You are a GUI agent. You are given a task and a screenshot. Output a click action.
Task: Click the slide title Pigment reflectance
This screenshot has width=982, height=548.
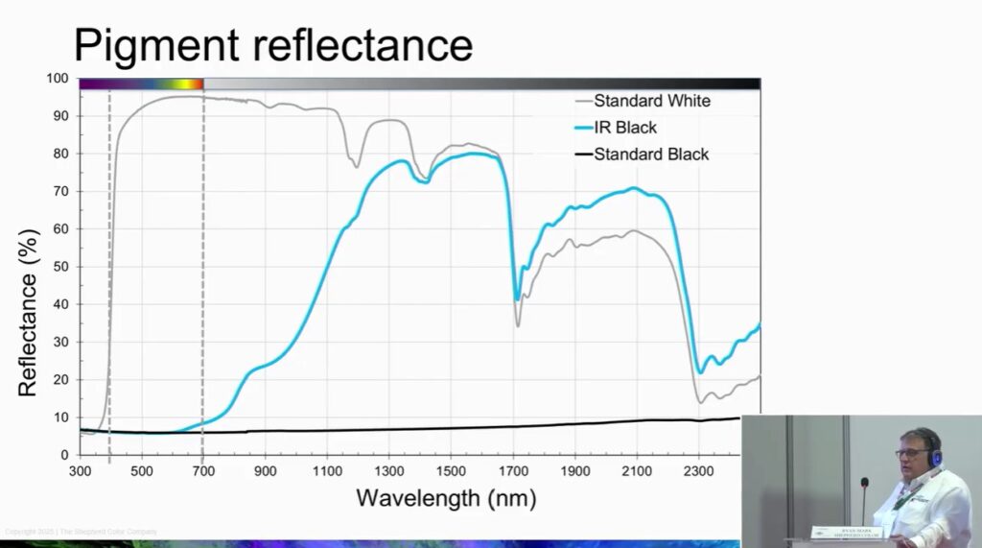click(273, 44)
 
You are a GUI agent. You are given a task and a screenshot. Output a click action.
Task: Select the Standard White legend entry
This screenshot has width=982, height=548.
click(651, 100)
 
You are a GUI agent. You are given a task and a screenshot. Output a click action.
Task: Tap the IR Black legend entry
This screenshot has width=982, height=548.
click(637, 127)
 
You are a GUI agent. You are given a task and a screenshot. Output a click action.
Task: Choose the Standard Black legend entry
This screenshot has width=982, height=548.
click(651, 154)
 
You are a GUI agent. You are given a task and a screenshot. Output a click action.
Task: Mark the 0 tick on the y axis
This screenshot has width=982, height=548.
click(63, 455)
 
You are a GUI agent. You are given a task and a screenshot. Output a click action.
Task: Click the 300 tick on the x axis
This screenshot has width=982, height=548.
click(81, 471)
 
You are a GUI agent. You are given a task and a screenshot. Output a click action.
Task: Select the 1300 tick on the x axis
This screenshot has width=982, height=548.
click(388, 471)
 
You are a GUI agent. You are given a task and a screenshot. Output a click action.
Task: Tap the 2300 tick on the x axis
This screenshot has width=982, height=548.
click(698, 471)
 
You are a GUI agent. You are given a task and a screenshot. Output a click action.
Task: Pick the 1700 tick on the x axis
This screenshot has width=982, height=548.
click(513, 471)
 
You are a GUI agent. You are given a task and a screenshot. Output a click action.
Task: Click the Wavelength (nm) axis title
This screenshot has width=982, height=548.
click(446, 499)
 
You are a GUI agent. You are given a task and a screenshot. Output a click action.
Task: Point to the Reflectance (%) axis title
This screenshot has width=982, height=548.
click(27, 312)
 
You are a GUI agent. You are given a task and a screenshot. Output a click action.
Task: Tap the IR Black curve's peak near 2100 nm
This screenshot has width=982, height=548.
click(633, 188)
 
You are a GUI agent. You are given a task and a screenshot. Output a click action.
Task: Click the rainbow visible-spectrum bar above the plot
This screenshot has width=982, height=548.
click(141, 84)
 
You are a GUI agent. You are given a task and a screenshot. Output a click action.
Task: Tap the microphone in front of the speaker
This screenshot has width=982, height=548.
click(864, 483)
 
